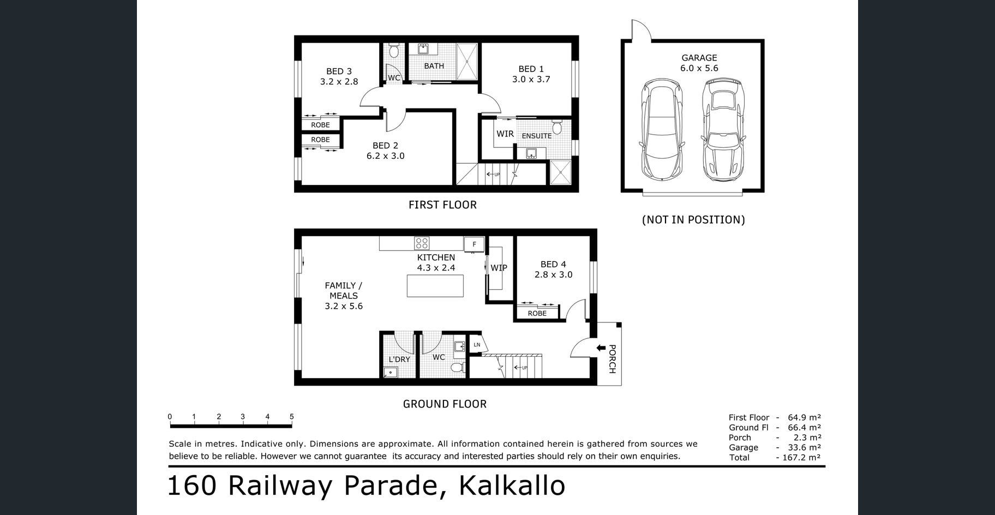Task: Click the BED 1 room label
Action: (x=531, y=69)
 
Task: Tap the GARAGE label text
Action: (x=699, y=58)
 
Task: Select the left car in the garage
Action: (x=662, y=130)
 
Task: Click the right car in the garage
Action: (x=723, y=130)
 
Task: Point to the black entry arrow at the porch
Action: (x=601, y=348)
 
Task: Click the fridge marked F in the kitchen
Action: (x=474, y=244)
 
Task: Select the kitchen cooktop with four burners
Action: (x=422, y=243)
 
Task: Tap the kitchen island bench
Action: (x=435, y=286)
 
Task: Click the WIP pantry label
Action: (x=499, y=268)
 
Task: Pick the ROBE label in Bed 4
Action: (x=537, y=313)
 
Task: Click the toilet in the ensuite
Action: (x=556, y=127)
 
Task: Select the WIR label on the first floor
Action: (x=505, y=134)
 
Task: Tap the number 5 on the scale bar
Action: (x=292, y=417)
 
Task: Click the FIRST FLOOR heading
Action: (x=442, y=205)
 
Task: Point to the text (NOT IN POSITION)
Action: (x=693, y=219)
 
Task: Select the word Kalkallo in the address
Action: (x=512, y=485)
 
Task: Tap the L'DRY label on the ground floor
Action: (x=399, y=359)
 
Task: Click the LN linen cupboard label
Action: (x=477, y=344)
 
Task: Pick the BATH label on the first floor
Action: (x=434, y=66)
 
